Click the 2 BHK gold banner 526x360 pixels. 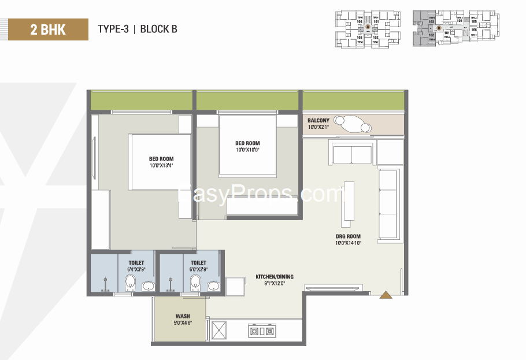(x=48, y=29)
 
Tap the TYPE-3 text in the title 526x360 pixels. (x=113, y=29)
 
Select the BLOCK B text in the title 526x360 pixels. (x=158, y=29)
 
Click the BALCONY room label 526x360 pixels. (x=318, y=120)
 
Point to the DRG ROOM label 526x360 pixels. (x=348, y=236)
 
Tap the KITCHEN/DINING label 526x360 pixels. (x=271, y=277)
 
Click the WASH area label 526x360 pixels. (x=183, y=316)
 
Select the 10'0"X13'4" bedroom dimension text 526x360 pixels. (x=161, y=166)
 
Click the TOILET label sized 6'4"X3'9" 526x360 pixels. (x=136, y=262)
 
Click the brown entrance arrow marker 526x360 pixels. (x=386, y=295)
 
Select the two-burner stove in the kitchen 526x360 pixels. (x=261, y=331)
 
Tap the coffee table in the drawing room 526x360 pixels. (x=348, y=201)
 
